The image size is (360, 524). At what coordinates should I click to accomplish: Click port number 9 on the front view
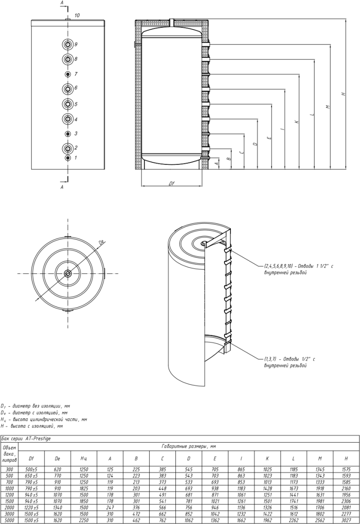pyautogui.click(x=68, y=44)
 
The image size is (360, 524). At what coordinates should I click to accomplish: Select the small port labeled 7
pyautogui.click(x=68, y=74)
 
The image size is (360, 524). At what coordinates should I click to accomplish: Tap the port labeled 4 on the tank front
pyautogui.click(x=68, y=119)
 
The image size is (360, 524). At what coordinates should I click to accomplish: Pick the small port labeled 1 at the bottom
pyautogui.click(x=68, y=158)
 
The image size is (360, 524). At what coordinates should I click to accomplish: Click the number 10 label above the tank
pyautogui.click(x=77, y=16)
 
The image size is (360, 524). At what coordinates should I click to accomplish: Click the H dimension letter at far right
pyautogui.click(x=344, y=94)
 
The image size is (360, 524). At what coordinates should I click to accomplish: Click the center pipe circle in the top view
pyautogui.click(x=68, y=274)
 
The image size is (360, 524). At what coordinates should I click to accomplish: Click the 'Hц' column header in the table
pyautogui.click(x=83, y=458)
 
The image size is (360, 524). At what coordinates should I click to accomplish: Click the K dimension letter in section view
pyautogui.click(x=297, y=122)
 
